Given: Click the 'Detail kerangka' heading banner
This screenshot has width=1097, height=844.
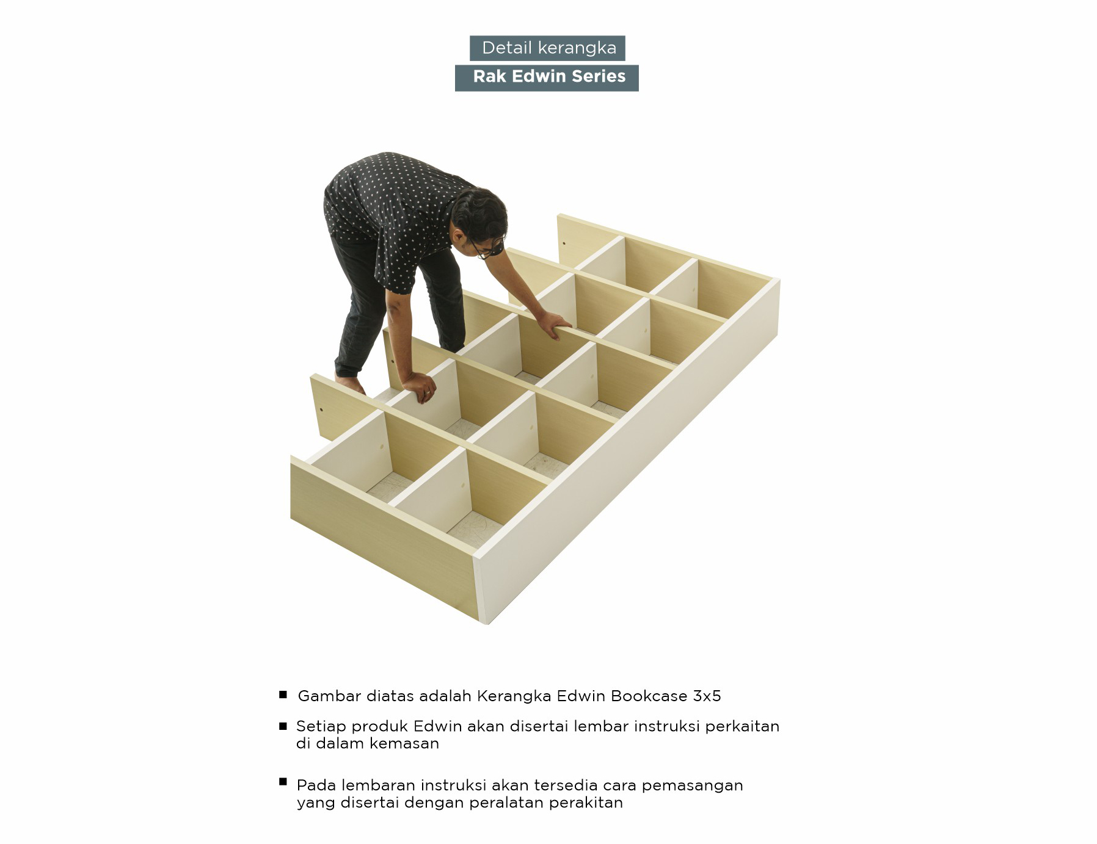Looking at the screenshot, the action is [x=547, y=48].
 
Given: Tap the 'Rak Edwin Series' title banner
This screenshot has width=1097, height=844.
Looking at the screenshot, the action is [x=547, y=78].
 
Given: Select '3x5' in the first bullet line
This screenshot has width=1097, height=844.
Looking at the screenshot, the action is [x=707, y=696].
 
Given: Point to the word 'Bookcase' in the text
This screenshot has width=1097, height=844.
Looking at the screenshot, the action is [x=649, y=696].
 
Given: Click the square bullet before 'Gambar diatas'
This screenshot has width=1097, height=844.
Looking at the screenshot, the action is [x=283, y=694].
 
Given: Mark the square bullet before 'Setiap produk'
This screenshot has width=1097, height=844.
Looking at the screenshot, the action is [x=283, y=726].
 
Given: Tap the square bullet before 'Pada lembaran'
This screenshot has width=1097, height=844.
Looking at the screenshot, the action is [x=283, y=782].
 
